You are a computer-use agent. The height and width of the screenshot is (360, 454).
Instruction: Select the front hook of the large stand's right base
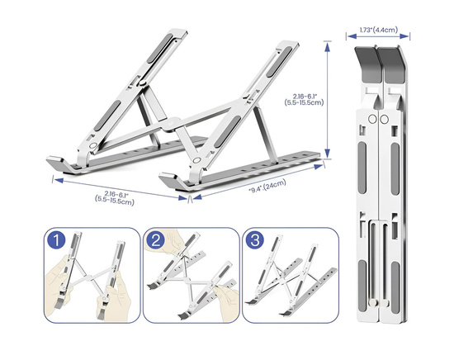pos(169,178)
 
